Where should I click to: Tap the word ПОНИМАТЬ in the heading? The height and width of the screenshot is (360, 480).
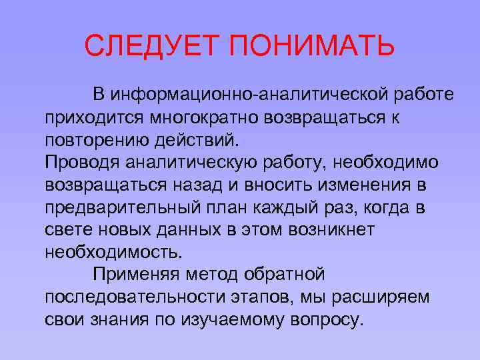pyautogui.click(x=313, y=47)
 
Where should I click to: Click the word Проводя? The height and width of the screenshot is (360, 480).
pyautogui.click(x=80, y=163)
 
